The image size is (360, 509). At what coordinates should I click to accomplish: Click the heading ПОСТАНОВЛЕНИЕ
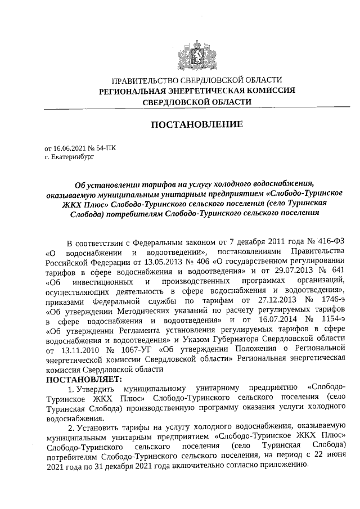(197, 124)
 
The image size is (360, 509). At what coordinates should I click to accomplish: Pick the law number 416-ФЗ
(328, 243)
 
